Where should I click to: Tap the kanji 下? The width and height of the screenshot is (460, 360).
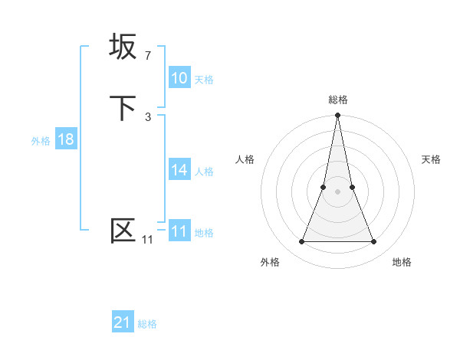pyautogui.click(x=123, y=108)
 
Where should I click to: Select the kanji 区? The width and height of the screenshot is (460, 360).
pyautogui.click(x=123, y=231)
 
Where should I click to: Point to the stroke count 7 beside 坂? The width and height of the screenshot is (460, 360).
pyautogui.click(x=148, y=56)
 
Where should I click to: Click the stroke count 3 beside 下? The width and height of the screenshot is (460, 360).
pyautogui.click(x=148, y=117)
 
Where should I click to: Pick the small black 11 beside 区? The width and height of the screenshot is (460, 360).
pyautogui.click(x=147, y=241)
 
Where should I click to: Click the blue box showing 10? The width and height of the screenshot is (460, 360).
pyautogui.click(x=179, y=78)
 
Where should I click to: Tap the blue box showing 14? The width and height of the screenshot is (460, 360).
pyautogui.click(x=179, y=170)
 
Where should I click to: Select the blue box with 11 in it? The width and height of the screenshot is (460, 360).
pyautogui.click(x=179, y=231)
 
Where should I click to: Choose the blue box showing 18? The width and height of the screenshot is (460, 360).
pyautogui.click(x=66, y=139)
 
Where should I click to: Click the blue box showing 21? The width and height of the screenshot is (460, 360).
pyautogui.click(x=123, y=322)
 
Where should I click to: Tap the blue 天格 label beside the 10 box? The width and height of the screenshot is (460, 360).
pyautogui.click(x=204, y=80)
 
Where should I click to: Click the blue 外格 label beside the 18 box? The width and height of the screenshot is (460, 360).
pyautogui.click(x=41, y=141)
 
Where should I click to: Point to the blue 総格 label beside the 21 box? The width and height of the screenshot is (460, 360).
pyautogui.click(x=147, y=324)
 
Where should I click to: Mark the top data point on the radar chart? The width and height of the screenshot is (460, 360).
pyautogui.click(x=337, y=116)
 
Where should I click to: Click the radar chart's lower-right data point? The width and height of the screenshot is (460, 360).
pyautogui.click(x=374, y=242)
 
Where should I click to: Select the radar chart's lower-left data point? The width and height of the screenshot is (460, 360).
pyautogui.click(x=301, y=242)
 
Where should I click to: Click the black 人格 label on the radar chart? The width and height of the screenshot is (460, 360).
pyautogui.click(x=245, y=159)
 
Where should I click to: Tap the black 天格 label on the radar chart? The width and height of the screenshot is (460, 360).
pyautogui.click(x=431, y=159)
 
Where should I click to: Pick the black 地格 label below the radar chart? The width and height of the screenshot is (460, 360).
pyautogui.click(x=402, y=262)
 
